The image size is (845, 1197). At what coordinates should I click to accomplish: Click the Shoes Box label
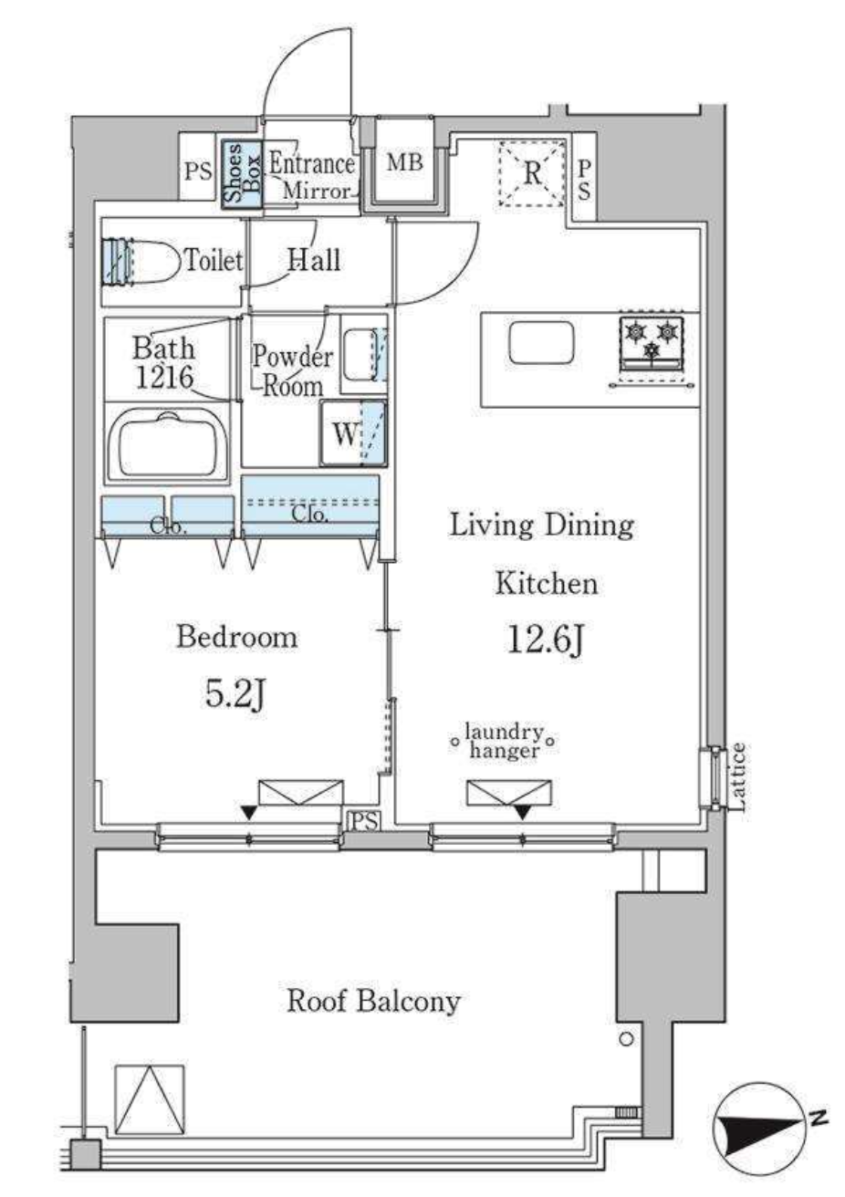coord(243,173)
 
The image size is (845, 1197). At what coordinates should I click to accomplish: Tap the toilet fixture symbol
coord(141,261)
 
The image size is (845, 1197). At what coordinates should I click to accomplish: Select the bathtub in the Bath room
coord(169,442)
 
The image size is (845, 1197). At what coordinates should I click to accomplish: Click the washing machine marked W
coord(354,433)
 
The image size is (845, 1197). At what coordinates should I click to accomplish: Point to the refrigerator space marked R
coord(532,172)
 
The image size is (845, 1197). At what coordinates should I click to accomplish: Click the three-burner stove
coord(652,345)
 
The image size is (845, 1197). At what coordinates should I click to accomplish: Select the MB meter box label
coord(404,161)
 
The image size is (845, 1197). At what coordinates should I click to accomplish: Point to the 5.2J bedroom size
coord(235,695)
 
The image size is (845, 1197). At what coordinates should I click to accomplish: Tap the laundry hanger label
coord(503,742)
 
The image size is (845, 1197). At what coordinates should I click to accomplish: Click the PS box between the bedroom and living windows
coord(364,821)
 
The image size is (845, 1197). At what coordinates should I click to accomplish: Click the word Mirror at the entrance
coord(317,191)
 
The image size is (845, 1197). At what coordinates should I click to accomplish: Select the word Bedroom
coord(236,637)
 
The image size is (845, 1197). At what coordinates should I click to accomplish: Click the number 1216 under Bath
coord(164,378)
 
